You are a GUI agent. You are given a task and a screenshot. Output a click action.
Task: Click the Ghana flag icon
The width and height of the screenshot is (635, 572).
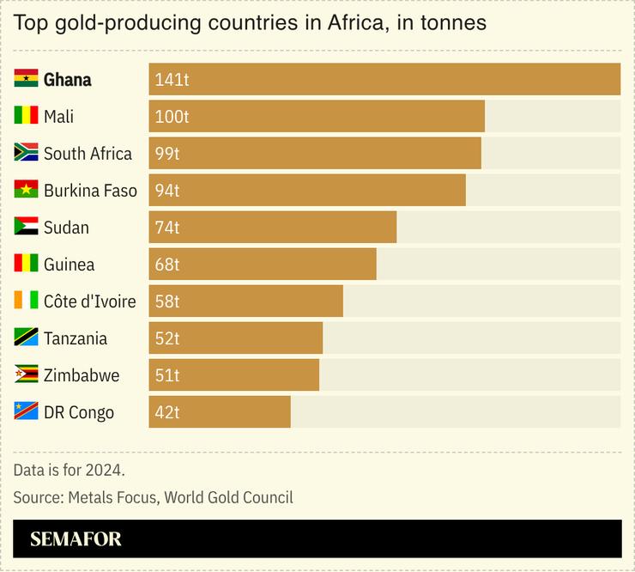(26, 79)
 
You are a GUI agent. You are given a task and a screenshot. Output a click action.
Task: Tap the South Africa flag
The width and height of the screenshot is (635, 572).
(26, 153)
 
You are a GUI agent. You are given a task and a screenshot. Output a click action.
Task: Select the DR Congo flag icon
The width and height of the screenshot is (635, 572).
(26, 412)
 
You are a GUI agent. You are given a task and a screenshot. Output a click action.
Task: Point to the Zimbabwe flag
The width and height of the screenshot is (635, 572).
(26, 375)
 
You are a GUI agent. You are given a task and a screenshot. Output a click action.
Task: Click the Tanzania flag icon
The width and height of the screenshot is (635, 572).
(26, 338)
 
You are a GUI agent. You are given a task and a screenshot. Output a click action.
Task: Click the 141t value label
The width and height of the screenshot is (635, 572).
(172, 80)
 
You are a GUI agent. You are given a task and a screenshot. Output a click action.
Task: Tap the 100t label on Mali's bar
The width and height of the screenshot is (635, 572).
(172, 117)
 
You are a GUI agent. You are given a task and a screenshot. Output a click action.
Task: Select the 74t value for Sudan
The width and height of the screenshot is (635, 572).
(168, 228)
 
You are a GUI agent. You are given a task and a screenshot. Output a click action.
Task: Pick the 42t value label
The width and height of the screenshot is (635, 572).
(167, 412)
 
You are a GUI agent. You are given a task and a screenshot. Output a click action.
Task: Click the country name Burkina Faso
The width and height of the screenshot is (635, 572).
(90, 191)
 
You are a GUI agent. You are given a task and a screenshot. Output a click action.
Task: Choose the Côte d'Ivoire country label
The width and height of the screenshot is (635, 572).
(89, 301)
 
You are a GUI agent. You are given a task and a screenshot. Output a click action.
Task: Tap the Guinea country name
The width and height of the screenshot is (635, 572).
(69, 265)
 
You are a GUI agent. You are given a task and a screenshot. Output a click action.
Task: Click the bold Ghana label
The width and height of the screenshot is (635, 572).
(68, 80)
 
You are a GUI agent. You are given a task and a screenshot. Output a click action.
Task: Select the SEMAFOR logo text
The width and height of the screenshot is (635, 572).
(76, 539)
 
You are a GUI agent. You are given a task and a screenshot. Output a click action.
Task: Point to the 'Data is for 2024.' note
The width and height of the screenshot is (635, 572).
(69, 470)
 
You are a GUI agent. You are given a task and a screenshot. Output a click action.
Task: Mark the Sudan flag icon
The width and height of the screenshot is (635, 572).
(26, 227)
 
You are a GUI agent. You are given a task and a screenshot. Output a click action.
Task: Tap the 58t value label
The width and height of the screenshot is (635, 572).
(167, 301)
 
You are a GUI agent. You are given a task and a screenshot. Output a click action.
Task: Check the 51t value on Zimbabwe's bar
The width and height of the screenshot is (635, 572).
(167, 375)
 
